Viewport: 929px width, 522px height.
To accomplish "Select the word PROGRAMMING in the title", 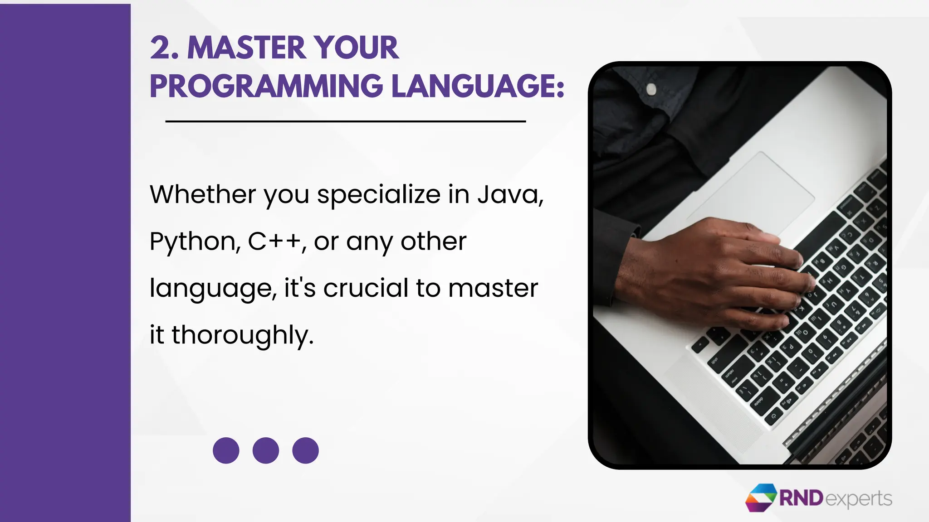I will coord(266,86).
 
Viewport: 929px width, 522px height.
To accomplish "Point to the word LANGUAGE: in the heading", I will coord(478,86).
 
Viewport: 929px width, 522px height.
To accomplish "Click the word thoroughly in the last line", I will coord(242,335).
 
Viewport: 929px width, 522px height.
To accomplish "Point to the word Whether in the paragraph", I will coord(203,194).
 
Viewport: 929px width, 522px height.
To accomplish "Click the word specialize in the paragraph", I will coord(378,195).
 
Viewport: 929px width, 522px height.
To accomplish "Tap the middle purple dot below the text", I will coord(266,450).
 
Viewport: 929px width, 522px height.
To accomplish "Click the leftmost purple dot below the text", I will coord(226,450).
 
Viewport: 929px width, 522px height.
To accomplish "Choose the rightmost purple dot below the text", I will coord(305,450).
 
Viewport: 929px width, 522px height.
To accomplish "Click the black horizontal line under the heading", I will coord(345,121).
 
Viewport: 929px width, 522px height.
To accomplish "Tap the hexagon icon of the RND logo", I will coord(761,498).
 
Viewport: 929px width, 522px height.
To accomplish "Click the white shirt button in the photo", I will coord(651,88).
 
